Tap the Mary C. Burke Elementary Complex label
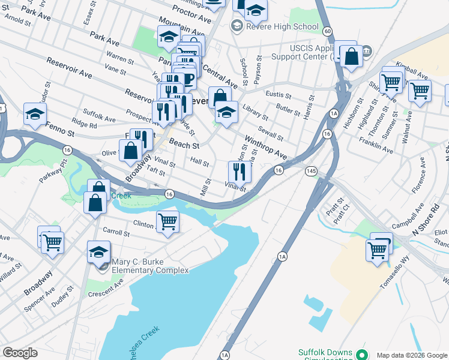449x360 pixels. [x=151, y=266]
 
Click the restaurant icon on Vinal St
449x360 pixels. [x=239, y=172]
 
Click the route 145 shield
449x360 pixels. [x=310, y=171]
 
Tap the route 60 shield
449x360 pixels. [x=327, y=30]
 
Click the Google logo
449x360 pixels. [x=20, y=353]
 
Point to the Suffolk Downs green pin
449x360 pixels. [x=361, y=355]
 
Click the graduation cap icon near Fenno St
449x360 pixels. [x=35, y=113]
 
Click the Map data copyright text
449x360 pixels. [x=412, y=355]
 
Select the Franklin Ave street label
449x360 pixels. [x=375, y=145]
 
